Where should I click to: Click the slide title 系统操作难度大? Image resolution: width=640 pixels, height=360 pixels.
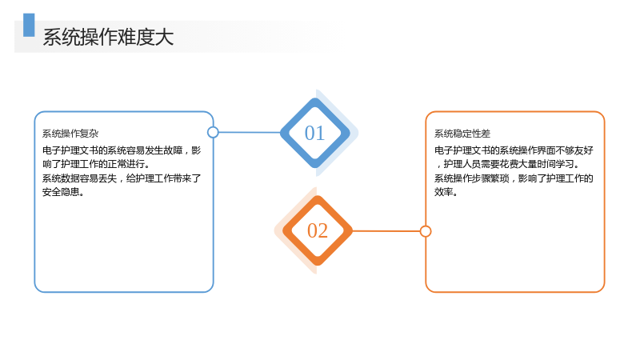click(x=108, y=37)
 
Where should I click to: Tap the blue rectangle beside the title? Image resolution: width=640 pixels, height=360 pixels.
click(x=29, y=25)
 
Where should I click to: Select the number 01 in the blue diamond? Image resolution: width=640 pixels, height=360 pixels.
click(x=314, y=133)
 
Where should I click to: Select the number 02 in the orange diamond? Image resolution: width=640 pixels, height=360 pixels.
click(x=318, y=230)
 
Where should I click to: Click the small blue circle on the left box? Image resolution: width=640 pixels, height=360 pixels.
click(x=213, y=132)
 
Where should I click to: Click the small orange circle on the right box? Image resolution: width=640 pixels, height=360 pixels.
click(x=426, y=231)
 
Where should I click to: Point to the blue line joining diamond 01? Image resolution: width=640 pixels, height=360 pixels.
click(x=250, y=132)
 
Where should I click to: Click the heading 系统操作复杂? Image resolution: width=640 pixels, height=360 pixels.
click(x=70, y=134)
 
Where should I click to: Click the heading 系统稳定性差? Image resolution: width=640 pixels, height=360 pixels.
click(x=462, y=134)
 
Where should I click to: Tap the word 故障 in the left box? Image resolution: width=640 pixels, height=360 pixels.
click(x=173, y=150)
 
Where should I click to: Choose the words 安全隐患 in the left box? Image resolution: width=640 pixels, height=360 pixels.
click(x=61, y=192)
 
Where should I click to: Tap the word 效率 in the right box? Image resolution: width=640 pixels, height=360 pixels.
click(x=444, y=192)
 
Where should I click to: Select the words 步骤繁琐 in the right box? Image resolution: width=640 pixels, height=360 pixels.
click(x=490, y=178)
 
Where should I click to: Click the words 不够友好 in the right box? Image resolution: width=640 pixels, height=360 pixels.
click(x=574, y=150)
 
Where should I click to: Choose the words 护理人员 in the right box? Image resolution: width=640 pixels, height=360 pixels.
click(x=462, y=164)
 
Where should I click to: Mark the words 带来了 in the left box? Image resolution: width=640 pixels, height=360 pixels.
click(x=187, y=178)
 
